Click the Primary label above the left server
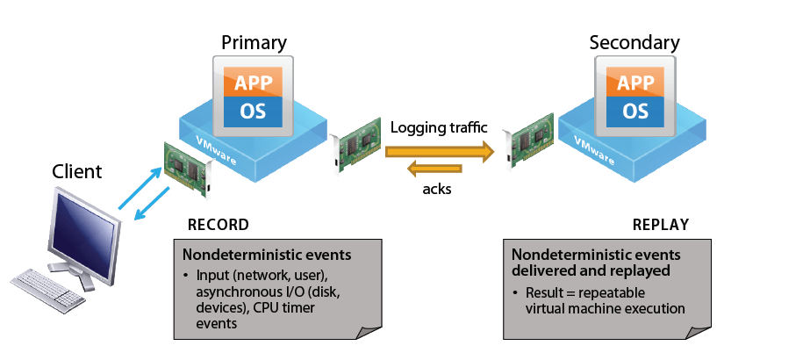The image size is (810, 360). click(254, 42)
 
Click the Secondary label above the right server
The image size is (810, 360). click(634, 42)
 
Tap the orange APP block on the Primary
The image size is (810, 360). click(254, 83)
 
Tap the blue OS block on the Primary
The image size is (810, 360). click(254, 112)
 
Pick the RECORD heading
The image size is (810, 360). click(219, 225)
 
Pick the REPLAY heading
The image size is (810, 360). click(660, 225)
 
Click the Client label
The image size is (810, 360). click(77, 171)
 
